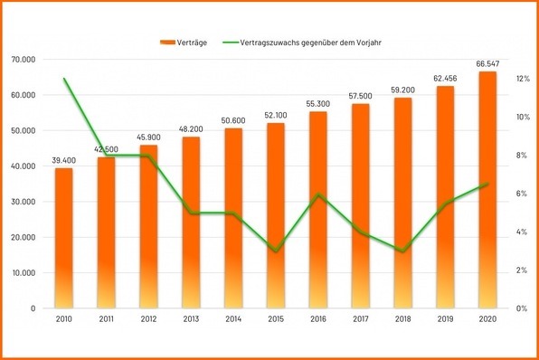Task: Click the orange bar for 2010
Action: pos(63,239)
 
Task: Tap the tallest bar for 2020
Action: pos(487,190)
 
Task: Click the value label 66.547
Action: pos(487,63)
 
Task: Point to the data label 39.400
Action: pos(63,160)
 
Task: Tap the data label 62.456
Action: pos(445,79)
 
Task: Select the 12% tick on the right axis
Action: pos(523,79)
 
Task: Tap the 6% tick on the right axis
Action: pos(523,194)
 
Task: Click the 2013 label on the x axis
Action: pos(191,319)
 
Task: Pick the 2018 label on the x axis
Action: pos(403,319)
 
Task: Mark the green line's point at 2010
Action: pos(63,79)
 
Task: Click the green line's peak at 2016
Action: pos(318,194)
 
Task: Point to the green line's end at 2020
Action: pos(487,184)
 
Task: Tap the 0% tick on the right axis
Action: pos(523,308)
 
